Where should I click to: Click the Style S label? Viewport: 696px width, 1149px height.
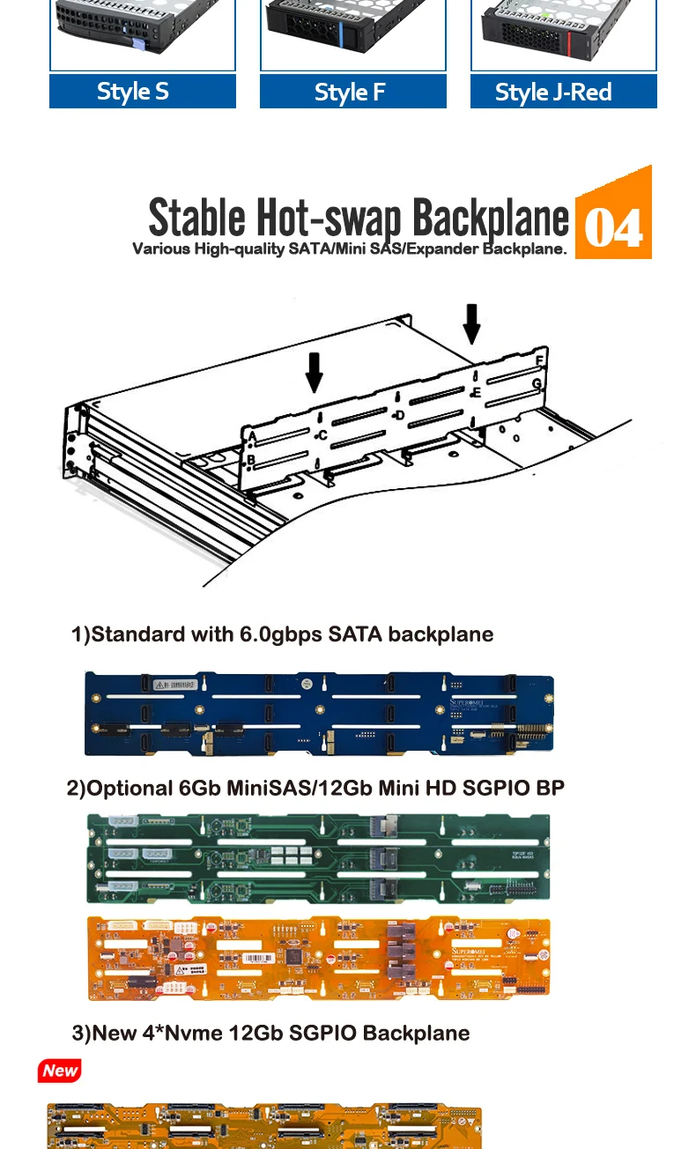click(142, 92)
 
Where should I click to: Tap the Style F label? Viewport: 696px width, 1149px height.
click(352, 92)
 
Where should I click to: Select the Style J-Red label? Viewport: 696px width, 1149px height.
click(563, 92)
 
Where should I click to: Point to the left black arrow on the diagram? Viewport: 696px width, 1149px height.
click(314, 372)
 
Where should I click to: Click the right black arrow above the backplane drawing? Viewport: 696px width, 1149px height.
click(472, 323)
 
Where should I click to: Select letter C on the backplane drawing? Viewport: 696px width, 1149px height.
click(322, 435)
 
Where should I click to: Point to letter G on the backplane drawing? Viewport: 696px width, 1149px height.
click(537, 383)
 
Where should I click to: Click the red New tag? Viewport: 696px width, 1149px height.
click(60, 1071)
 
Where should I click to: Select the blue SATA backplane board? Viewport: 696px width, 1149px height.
click(319, 714)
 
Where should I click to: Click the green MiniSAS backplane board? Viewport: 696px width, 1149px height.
click(319, 858)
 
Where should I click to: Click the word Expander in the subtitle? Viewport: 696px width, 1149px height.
click(443, 249)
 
